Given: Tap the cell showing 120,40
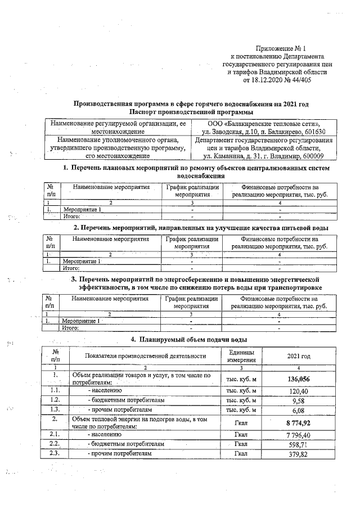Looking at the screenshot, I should (x=298, y=390).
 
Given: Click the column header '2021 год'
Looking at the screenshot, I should (x=298, y=355).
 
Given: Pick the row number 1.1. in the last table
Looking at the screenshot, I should (x=55, y=390).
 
